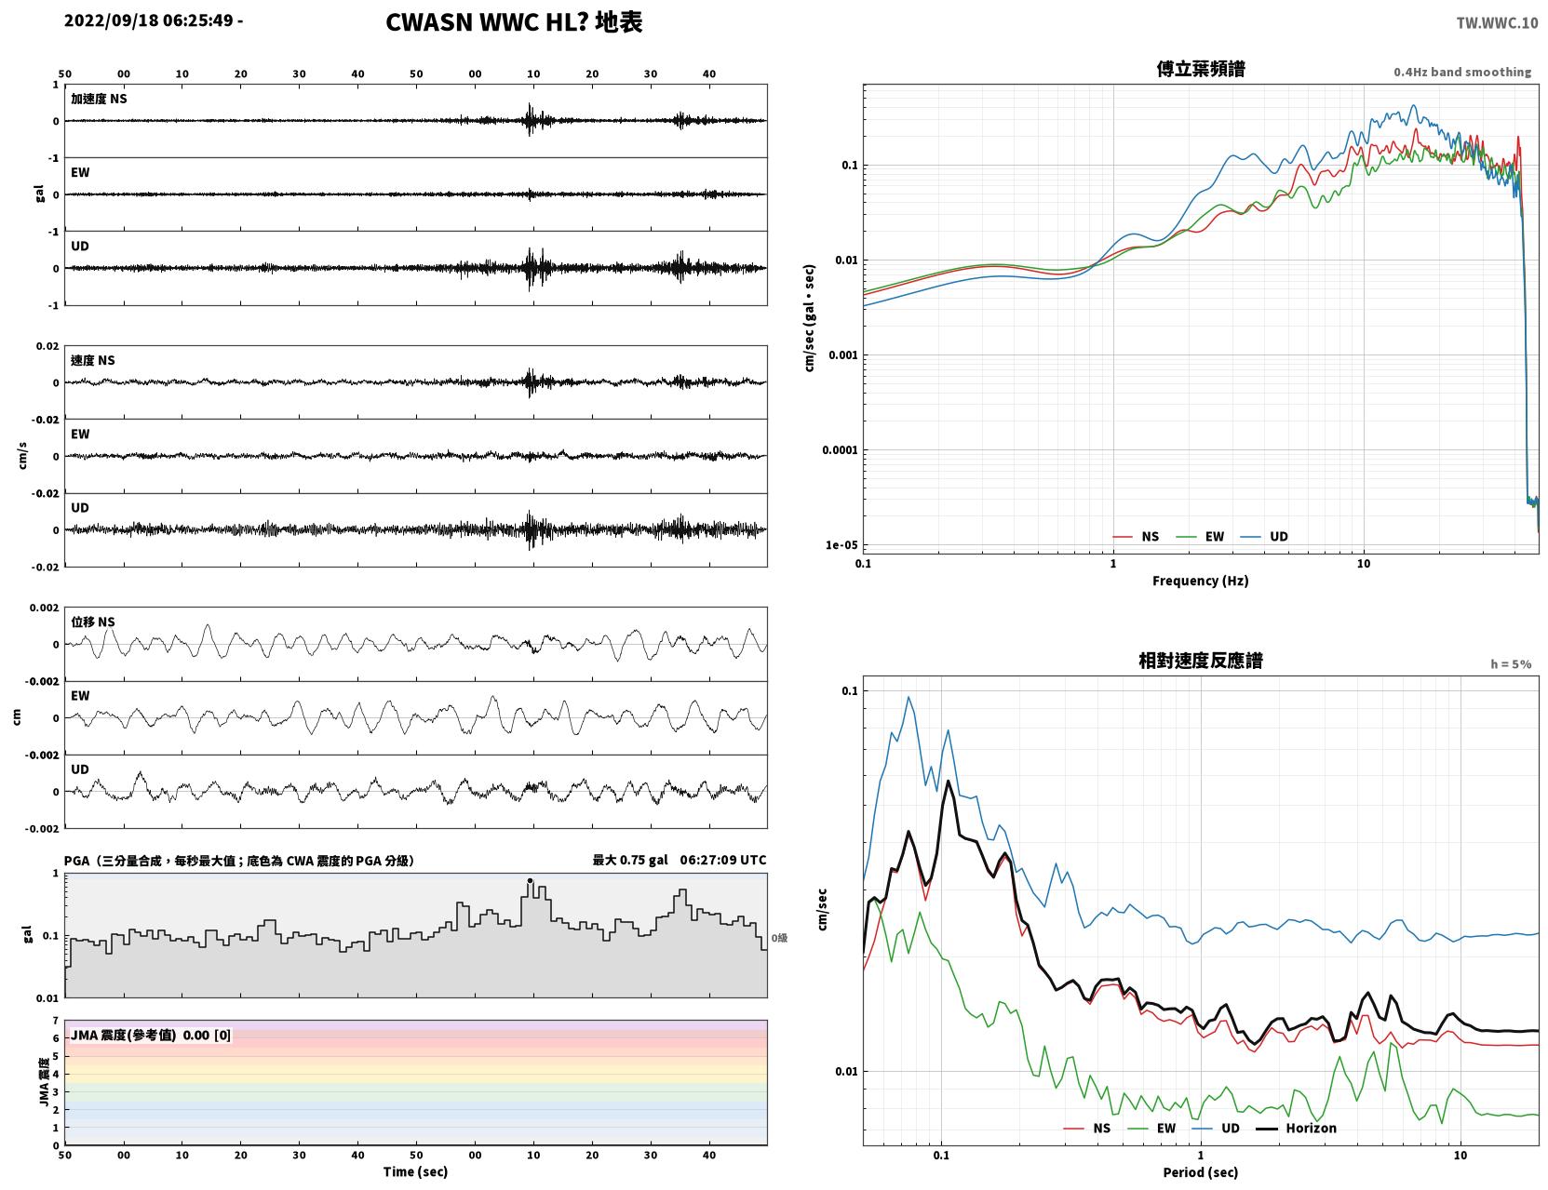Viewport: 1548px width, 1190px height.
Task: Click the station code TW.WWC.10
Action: click(1496, 22)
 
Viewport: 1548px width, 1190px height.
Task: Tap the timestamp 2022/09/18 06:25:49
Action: click(149, 20)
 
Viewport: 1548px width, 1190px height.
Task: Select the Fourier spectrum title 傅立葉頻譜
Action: click(1200, 69)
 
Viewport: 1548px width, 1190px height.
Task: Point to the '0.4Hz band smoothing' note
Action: click(1461, 72)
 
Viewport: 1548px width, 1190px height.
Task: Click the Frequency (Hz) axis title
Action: click(1200, 580)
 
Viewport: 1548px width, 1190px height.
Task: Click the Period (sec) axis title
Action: click(1200, 1171)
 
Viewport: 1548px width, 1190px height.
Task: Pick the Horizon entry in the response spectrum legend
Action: click(1296, 1128)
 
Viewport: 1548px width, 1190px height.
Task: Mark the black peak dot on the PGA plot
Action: click(530, 880)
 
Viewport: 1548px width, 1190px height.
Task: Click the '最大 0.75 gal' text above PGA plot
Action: click(630, 860)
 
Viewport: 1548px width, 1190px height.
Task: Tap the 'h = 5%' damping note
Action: click(1510, 664)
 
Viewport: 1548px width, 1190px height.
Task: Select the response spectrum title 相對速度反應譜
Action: click(1200, 661)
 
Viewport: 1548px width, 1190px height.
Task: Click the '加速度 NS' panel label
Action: click(99, 99)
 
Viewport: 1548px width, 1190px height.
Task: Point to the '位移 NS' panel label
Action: click(92, 622)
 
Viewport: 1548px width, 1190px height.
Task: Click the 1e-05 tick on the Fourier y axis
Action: click(841, 545)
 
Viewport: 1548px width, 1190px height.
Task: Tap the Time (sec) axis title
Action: click(415, 1170)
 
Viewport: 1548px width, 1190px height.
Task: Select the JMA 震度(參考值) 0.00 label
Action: click(150, 1035)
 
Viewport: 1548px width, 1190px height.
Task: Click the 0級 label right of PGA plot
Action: click(779, 938)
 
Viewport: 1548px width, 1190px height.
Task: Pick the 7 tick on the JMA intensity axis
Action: click(56, 1021)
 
